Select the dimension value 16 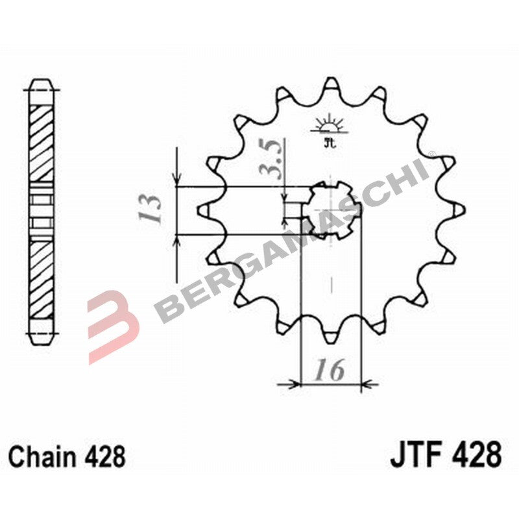(330, 371)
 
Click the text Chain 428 (67, 457)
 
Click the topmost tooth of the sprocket (331, 84)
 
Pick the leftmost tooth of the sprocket (203, 210)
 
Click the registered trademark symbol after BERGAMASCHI (431, 154)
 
